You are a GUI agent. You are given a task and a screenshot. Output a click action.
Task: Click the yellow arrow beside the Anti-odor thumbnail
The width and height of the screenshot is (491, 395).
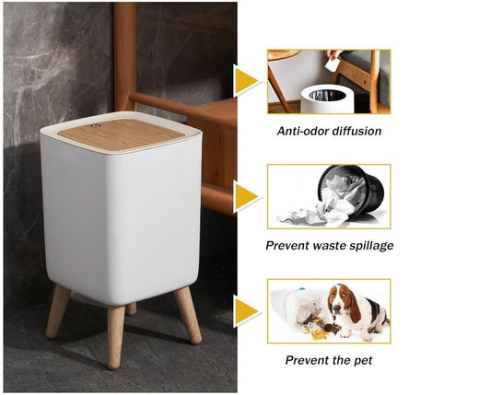246,82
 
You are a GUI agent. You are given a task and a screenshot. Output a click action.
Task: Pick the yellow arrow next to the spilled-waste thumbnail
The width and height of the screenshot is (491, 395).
246,197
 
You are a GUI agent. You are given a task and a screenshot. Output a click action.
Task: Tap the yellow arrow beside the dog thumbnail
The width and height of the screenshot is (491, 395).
246,311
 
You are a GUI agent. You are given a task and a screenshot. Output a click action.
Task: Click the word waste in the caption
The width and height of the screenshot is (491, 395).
323,246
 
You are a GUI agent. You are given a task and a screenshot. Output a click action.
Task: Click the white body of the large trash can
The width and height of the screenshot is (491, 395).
120,221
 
